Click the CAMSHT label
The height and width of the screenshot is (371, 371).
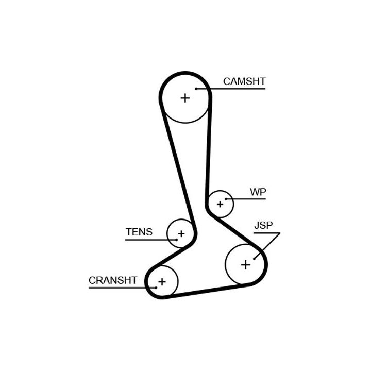pos(244,81)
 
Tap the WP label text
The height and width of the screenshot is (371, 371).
pos(258,192)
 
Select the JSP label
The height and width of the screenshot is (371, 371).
pos(263,225)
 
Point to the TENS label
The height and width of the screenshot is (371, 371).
pos(139,232)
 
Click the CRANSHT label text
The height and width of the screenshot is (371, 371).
pos(113,280)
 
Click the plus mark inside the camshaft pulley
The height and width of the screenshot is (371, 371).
pos(185,98)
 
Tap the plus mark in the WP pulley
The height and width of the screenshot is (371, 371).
pos(220,204)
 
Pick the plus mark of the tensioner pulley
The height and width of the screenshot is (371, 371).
pos(181,234)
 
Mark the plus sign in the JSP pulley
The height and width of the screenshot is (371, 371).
pos(246,265)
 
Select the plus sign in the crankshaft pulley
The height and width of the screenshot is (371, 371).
pos(162,282)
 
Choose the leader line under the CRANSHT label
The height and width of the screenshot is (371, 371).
pos(119,288)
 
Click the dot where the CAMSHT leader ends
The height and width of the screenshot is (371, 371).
pos(196,89)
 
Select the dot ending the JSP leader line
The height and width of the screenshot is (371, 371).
pos(255,258)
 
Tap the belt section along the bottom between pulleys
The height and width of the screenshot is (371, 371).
pos(206,291)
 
